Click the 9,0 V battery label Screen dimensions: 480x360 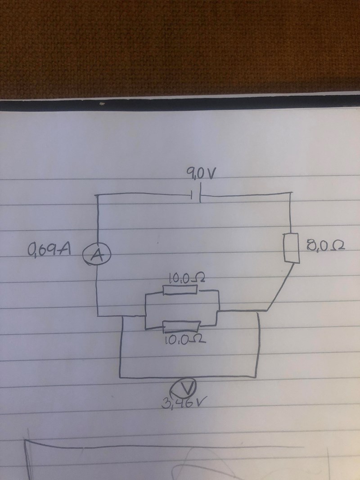tap(198, 173)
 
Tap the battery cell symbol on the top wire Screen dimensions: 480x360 tap(196, 196)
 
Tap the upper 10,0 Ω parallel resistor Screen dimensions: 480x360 tap(180, 289)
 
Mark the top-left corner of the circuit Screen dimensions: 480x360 tap(97, 195)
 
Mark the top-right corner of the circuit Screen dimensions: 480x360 tap(291, 193)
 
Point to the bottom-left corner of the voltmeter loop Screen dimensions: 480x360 tap(121, 377)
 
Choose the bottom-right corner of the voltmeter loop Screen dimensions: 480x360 tap(258, 377)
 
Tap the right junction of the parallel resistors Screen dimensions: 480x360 tap(218, 311)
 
